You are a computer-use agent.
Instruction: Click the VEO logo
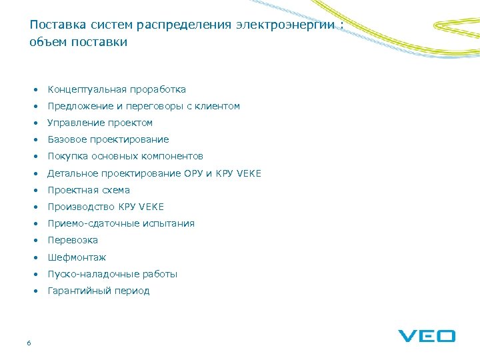pyautogui.click(x=427, y=335)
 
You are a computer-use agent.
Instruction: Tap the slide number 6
pyautogui.click(x=29, y=343)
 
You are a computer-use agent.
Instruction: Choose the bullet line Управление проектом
pyautogui.click(x=100, y=123)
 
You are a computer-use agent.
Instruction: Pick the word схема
pyautogui.click(x=115, y=190)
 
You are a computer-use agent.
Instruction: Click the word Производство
pyautogui.click(x=81, y=207)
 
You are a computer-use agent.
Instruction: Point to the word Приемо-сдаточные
pyautogui.click(x=90, y=223)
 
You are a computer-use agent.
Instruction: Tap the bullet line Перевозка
pyautogui.click(x=73, y=240)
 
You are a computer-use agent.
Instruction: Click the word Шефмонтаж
pyautogui.click(x=77, y=257)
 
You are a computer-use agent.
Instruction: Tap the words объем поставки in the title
pyautogui.click(x=78, y=42)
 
